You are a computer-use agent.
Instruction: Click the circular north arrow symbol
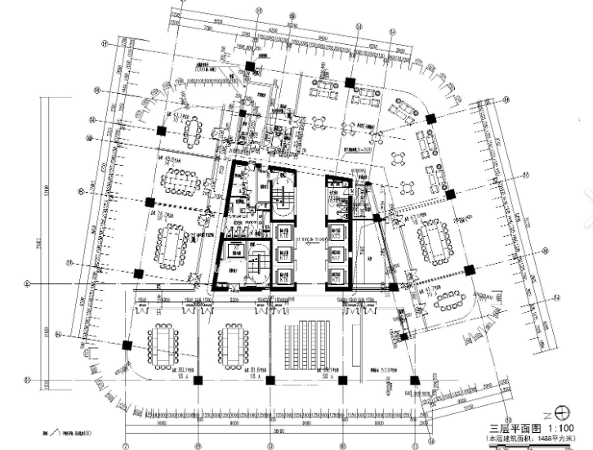pos(563,412)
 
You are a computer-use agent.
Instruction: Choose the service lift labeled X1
pos(237,251)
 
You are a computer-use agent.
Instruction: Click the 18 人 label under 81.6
pos(232,378)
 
